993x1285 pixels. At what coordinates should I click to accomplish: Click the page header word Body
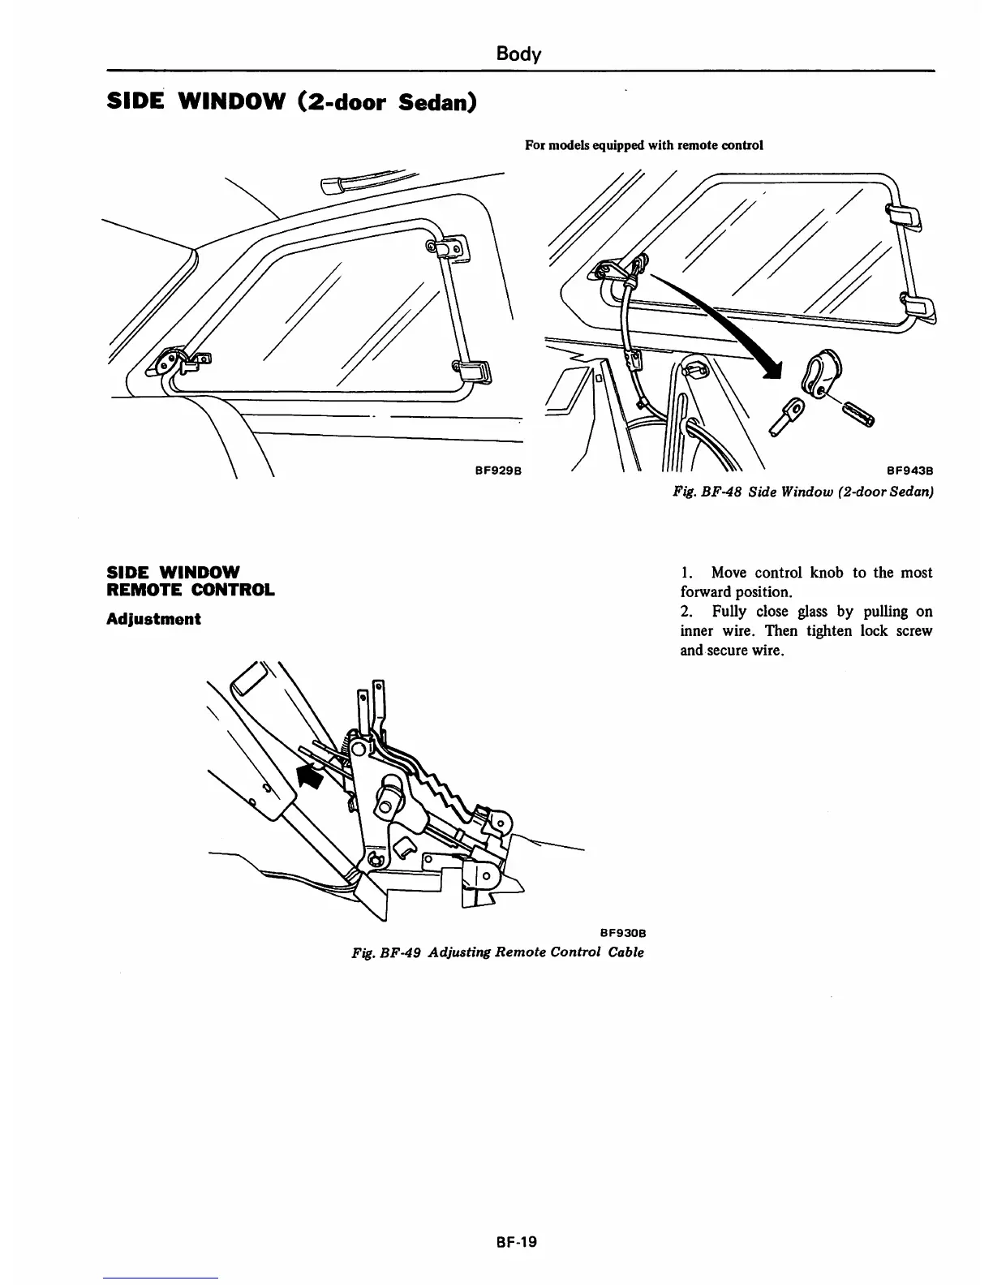click(x=518, y=54)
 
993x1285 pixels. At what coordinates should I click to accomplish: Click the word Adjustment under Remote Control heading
click(x=153, y=619)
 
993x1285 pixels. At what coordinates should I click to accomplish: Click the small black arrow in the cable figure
click(x=310, y=776)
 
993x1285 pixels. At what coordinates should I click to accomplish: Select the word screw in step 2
click(x=915, y=631)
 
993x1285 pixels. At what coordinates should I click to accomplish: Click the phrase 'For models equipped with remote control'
click(x=644, y=146)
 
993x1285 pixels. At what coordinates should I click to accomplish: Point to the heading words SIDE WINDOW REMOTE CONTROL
click(x=191, y=580)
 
